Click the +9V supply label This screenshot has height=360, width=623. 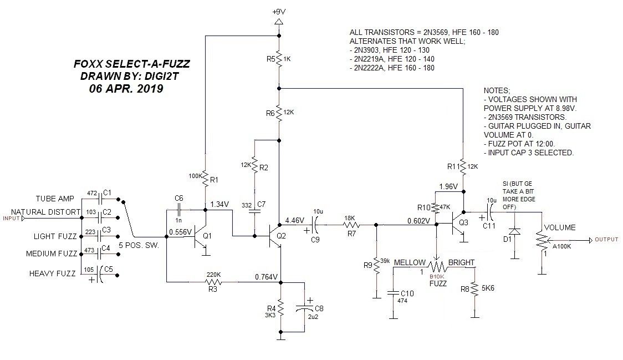pyautogui.click(x=279, y=12)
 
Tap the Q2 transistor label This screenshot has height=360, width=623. pyautogui.click(x=281, y=236)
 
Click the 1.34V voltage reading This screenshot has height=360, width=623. pyautogui.click(x=219, y=205)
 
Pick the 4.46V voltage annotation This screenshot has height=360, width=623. pyautogui.click(x=295, y=220)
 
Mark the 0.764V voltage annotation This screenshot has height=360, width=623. pyautogui.click(x=266, y=277)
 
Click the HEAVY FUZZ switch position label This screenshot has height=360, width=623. pyautogui.click(x=53, y=273)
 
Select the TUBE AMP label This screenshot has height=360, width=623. pyautogui.click(x=55, y=199)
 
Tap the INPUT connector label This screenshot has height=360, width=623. pyautogui.click(x=11, y=219)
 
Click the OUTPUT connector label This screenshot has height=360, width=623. pyautogui.click(x=606, y=240)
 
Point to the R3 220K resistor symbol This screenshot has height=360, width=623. pyautogui.click(x=213, y=282)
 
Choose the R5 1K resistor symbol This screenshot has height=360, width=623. pyautogui.click(x=279, y=59)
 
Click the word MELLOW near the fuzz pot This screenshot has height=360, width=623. pyautogui.click(x=410, y=262)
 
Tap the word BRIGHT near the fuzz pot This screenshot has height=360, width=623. pyautogui.click(x=461, y=262)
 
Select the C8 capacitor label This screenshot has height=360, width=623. pyautogui.click(x=319, y=308)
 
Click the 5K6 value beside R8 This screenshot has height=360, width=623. pyautogui.click(x=488, y=288)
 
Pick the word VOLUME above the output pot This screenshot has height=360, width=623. pyautogui.click(x=560, y=227)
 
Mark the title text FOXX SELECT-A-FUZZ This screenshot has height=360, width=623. pyautogui.click(x=132, y=64)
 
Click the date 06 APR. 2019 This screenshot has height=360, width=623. pyautogui.click(x=126, y=88)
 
